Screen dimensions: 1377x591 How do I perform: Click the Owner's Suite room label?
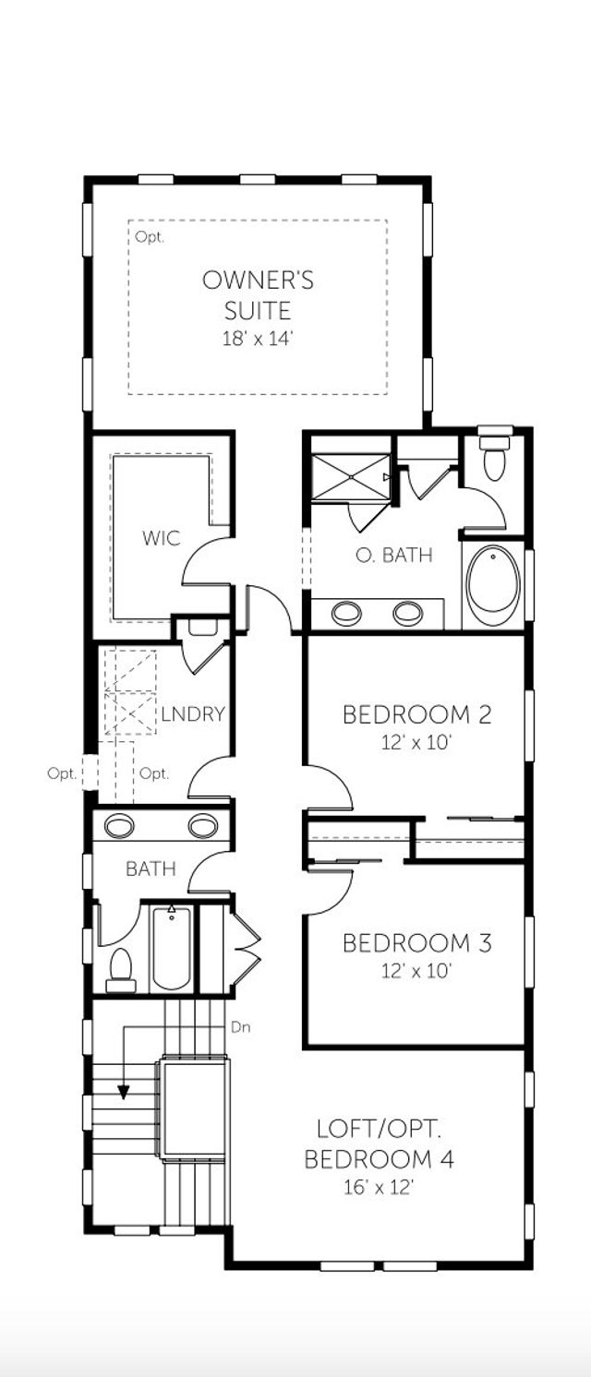[258, 294]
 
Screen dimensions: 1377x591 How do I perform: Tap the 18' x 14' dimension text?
[258, 339]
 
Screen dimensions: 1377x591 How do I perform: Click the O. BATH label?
[394, 556]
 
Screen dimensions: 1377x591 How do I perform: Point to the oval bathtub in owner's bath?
[494, 585]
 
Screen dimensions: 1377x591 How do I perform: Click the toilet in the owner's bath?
[496, 456]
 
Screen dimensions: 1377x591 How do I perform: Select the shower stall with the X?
[350, 477]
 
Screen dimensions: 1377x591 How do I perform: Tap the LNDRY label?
[193, 714]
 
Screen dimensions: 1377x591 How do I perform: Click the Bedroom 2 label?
[416, 714]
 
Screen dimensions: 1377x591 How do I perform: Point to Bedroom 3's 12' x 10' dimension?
[416, 971]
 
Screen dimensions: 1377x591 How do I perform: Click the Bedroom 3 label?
[416, 943]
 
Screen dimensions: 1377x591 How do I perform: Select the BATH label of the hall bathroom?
[151, 868]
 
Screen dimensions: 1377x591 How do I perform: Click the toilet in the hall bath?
[121, 970]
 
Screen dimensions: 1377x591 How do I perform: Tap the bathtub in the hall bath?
[171, 947]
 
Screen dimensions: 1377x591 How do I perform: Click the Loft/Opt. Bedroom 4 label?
[379, 1144]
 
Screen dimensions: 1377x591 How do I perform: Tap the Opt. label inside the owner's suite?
[149, 237]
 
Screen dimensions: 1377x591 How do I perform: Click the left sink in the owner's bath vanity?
[346, 613]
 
